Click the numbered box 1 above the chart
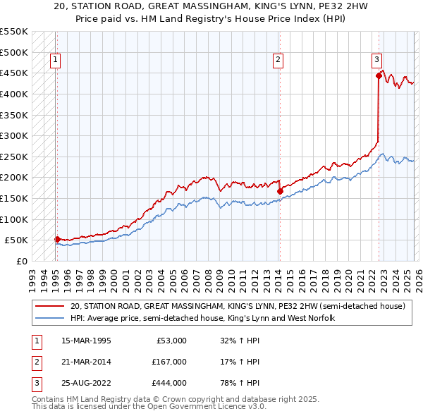pyautogui.click(x=55, y=61)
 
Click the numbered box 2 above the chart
pyautogui.click(x=278, y=61)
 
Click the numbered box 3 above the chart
pyautogui.click(x=377, y=61)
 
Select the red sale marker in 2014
pyautogui.click(x=280, y=191)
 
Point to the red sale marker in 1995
pyautogui.click(x=57, y=239)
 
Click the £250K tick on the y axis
pyautogui.click(x=14, y=157)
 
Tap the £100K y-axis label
pyautogui.click(x=14, y=219)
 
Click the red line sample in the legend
pyautogui.click(x=49, y=307)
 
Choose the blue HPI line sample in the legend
pyautogui.click(x=49, y=319)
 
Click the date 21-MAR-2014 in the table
pyautogui.click(x=86, y=362)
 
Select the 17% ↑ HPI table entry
pyautogui.click(x=240, y=362)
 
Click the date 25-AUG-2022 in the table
pyautogui.click(x=86, y=383)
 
